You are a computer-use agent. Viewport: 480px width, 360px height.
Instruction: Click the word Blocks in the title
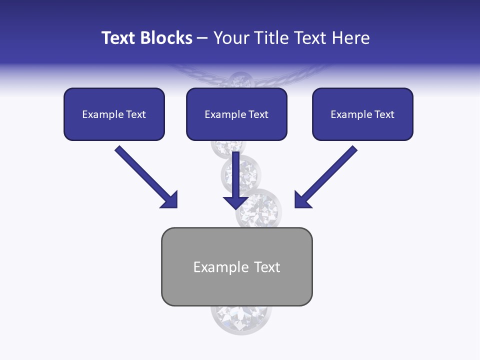click(x=167, y=38)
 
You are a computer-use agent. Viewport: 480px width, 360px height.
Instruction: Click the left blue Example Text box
click(x=114, y=114)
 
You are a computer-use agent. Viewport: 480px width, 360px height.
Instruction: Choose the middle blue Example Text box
click(x=236, y=114)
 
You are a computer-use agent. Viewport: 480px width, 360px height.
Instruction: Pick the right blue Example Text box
click(x=362, y=114)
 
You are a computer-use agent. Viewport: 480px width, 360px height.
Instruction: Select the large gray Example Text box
click(x=236, y=267)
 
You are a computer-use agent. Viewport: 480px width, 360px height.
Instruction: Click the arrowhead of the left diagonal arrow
click(x=170, y=200)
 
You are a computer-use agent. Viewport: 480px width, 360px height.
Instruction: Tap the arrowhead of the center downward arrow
click(x=235, y=201)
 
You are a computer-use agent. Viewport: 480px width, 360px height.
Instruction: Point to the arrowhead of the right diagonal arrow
click(x=302, y=200)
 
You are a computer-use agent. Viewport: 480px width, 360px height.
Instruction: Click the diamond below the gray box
click(x=241, y=317)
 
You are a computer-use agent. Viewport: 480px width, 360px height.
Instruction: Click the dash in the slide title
click(x=202, y=38)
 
